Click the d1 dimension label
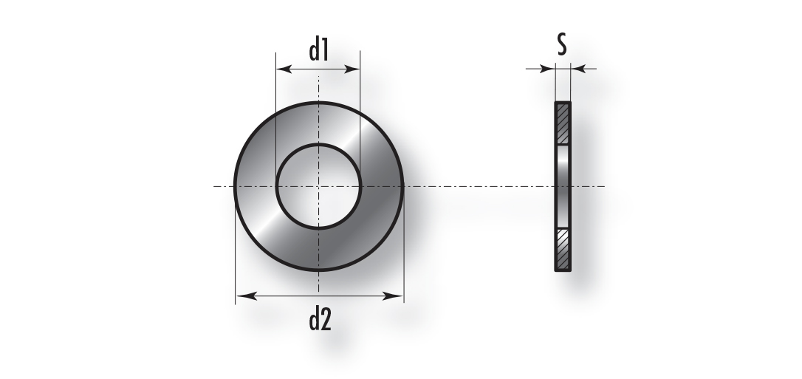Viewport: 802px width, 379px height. (x=318, y=51)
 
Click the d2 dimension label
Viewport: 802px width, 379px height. (x=321, y=320)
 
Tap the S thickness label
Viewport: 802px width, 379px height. (x=562, y=44)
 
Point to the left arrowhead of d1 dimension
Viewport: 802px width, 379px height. (x=284, y=69)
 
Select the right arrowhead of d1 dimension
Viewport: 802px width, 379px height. (x=352, y=69)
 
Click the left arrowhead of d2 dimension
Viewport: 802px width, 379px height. (x=246, y=296)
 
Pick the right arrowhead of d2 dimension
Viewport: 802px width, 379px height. (x=393, y=296)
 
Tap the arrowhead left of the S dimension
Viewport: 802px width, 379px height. (x=548, y=69)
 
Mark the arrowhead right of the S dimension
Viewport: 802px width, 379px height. (x=578, y=69)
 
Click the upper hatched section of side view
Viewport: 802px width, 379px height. (x=563, y=123)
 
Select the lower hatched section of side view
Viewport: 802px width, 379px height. (x=563, y=249)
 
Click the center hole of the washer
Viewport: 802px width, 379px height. (x=318, y=186)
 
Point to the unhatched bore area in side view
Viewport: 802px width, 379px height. (x=563, y=186)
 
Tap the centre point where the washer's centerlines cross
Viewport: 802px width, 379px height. (x=318, y=186)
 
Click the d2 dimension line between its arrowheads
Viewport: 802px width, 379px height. (x=320, y=296)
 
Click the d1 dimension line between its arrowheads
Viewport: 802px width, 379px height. (x=318, y=69)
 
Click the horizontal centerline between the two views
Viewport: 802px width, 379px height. (x=479, y=186)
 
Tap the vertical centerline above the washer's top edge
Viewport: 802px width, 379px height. (x=318, y=89)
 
